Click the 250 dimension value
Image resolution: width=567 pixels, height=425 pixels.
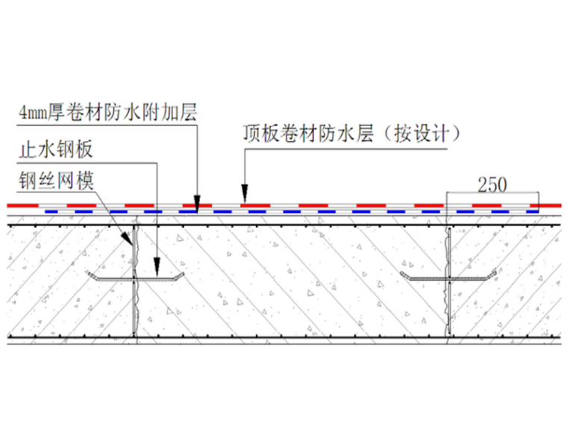[492, 183]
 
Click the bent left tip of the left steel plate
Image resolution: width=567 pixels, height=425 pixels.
[91, 277]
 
